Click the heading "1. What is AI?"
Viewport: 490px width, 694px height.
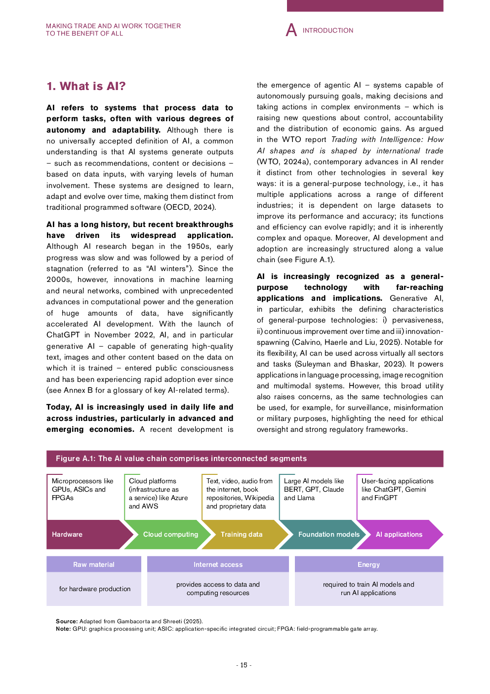click(x=86, y=87)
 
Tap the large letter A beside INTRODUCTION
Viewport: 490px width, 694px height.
click(x=291, y=30)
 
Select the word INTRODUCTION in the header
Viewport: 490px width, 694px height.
click(x=328, y=31)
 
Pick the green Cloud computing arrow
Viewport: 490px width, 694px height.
click(x=170, y=534)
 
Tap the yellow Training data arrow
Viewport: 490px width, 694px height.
click(x=242, y=534)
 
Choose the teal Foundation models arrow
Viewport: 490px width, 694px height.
click(x=328, y=534)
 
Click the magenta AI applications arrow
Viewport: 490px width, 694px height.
click(x=399, y=534)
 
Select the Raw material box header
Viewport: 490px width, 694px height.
click(x=94, y=564)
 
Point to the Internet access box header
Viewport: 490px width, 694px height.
click(x=218, y=564)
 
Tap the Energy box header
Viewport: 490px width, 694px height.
click(x=368, y=564)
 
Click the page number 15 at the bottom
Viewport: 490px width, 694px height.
click(x=244, y=665)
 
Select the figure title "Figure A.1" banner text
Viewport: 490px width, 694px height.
click(x=181, y=459)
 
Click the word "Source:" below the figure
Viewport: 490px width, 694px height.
click(x=67, y=621)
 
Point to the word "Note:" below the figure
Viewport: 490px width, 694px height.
click(x=63, y=629)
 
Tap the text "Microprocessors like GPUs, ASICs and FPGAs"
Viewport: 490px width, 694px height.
click(x=82, y=489)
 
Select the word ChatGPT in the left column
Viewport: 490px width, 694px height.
click(x=63, y=335)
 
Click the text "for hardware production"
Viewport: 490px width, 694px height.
click(x=95, y=589)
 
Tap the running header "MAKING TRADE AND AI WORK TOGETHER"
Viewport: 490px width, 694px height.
click(x=113, y=26)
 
